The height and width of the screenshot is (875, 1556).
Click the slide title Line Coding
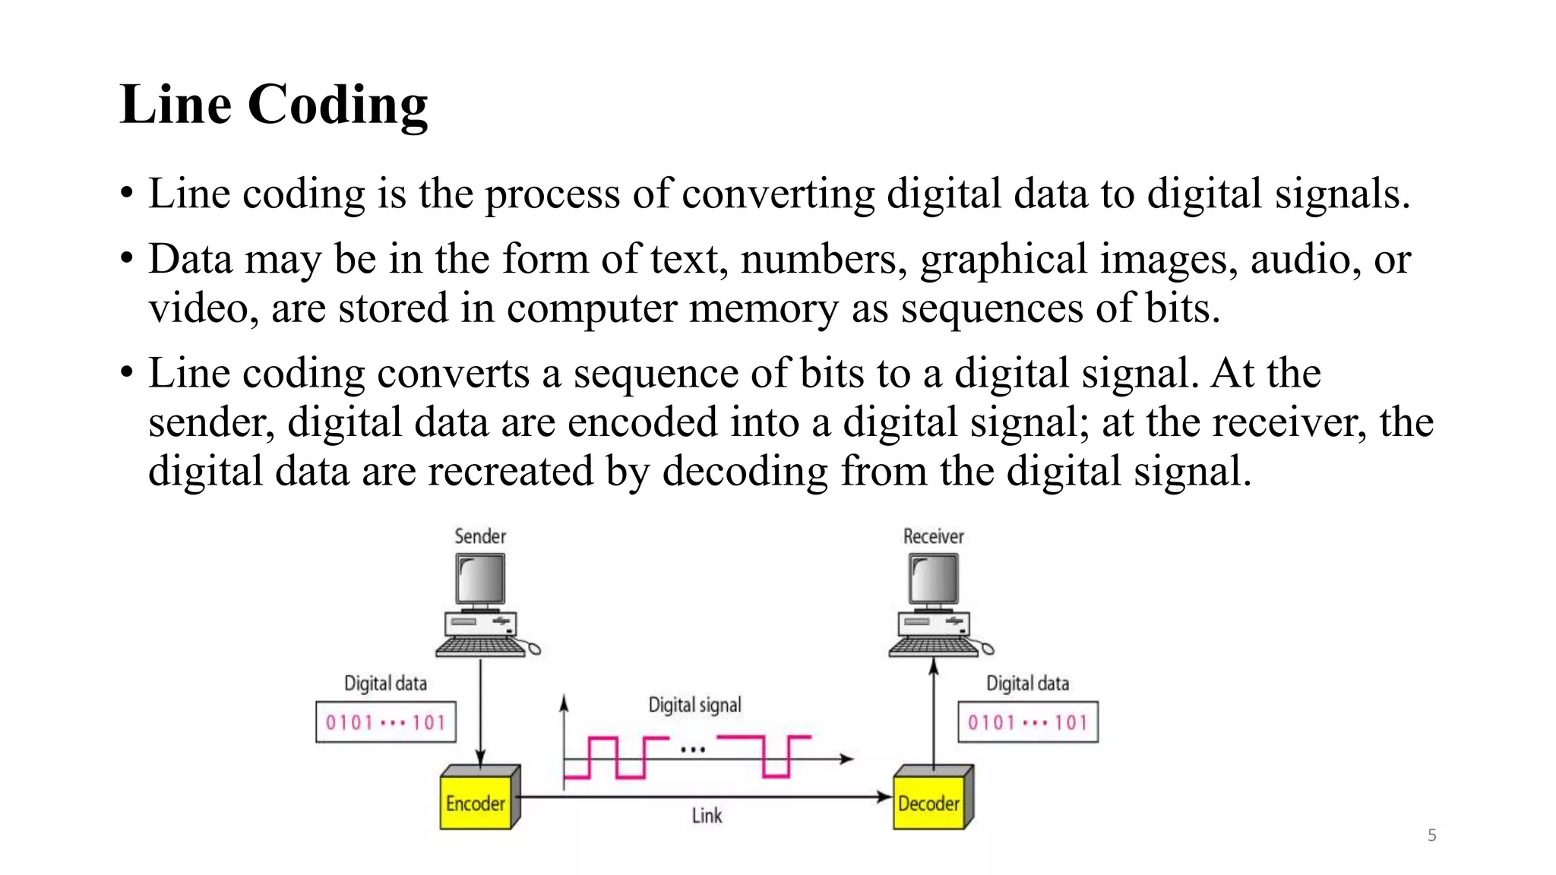tap(274, 105)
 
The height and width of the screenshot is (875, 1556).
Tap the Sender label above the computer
tap(479, 536)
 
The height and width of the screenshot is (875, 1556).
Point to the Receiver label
tap(933, 536)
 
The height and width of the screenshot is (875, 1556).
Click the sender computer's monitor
tap(481, 580)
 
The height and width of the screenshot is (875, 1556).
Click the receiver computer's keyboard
tap(934, 647)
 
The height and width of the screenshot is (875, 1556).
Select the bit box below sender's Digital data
tap(386, 722)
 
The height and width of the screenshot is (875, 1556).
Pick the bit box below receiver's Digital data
tap(1028, 722)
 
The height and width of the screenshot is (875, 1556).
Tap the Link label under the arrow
tap(707, 816)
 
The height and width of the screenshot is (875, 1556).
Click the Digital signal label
tap(694, 705)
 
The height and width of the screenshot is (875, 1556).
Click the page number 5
tap(1431, 836)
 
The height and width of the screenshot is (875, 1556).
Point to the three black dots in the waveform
tap(693, 750)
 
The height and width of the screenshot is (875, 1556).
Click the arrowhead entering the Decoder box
tap(884, 797)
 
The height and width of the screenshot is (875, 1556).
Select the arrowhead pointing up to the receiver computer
tap(934, 667)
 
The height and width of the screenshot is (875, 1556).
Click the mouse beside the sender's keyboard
tap(534, 649)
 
